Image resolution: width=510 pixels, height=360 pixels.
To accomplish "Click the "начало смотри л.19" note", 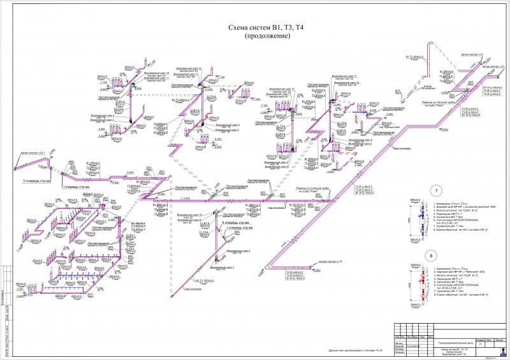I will tap(330, 261).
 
